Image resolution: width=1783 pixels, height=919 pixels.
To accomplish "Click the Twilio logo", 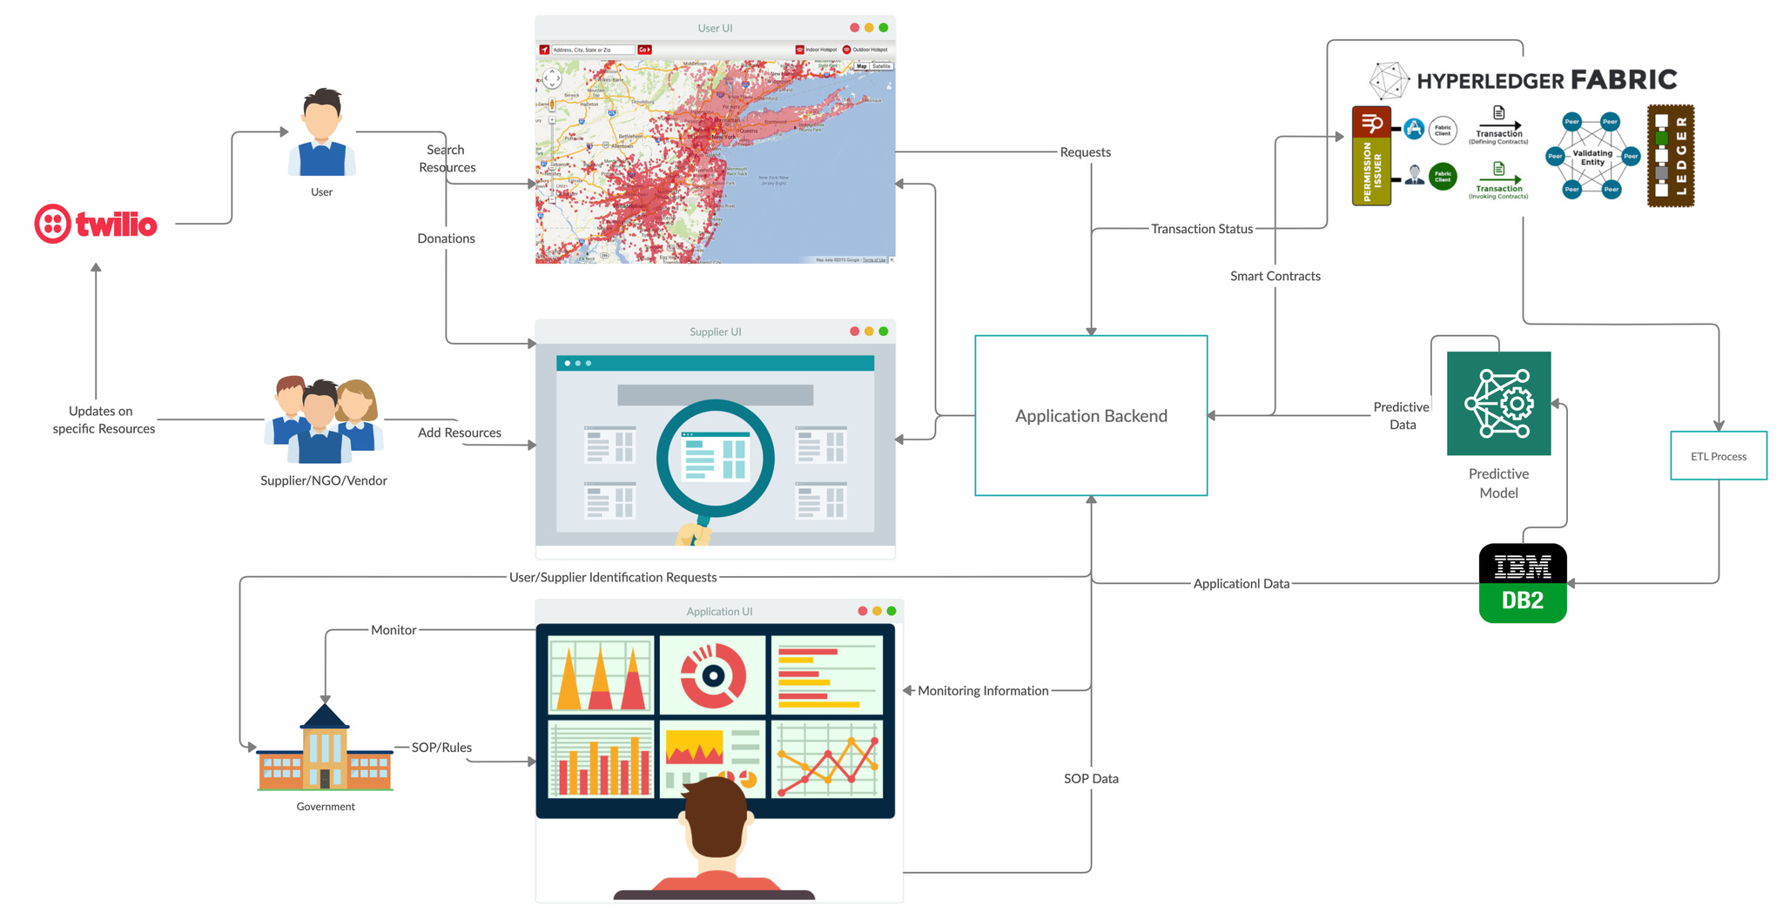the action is click(x=96, y=224).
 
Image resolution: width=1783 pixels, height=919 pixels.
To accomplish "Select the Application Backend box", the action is click(x=1091, y=416).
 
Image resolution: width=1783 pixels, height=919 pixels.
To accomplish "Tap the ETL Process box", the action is click(x=1718, y=456).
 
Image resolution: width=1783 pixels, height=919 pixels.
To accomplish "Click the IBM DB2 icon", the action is click(x=1523, y=583).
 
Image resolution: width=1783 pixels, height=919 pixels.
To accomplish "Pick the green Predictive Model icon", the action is click(x=1498, y=403).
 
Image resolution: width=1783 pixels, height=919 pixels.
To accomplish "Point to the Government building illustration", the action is click(x=325, y=750).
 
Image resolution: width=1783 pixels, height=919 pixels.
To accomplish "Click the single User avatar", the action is click(x=321, y=134).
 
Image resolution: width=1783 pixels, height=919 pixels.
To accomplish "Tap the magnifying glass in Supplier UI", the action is click(x=715, y=459).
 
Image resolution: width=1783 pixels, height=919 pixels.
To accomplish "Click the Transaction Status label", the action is click(x=1201, y=229).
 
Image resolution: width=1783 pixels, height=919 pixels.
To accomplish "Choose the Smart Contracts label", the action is click(x=1275, y=276).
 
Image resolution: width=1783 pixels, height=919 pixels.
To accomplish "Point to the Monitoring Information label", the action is click(x=983, y=691).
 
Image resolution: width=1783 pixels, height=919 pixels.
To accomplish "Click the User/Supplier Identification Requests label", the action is click(x=613, y=577).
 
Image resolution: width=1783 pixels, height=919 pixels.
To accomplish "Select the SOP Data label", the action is click(x=1091, y=779).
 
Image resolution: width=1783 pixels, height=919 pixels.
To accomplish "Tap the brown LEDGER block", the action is click(x=1670, y=156).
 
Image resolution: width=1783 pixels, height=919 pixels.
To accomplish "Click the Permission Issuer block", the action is click(x=1371, y=157).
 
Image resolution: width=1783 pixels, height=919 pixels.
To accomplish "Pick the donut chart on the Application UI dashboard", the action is click(x=713, y=674).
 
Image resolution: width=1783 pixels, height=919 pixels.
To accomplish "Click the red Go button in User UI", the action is click(x=644, y=50).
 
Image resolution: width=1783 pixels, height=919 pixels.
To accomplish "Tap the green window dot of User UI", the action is click(x=884, y=28).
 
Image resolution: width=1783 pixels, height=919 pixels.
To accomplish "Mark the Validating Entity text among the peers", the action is click(x=1592, y=158).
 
